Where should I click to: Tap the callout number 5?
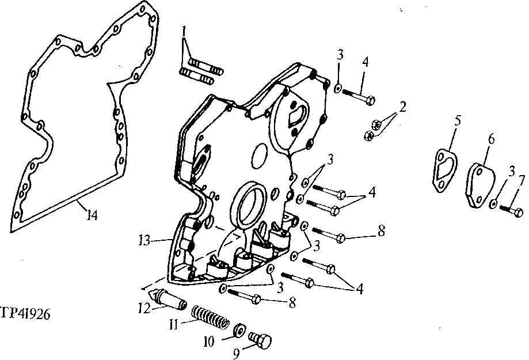point(458,122)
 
